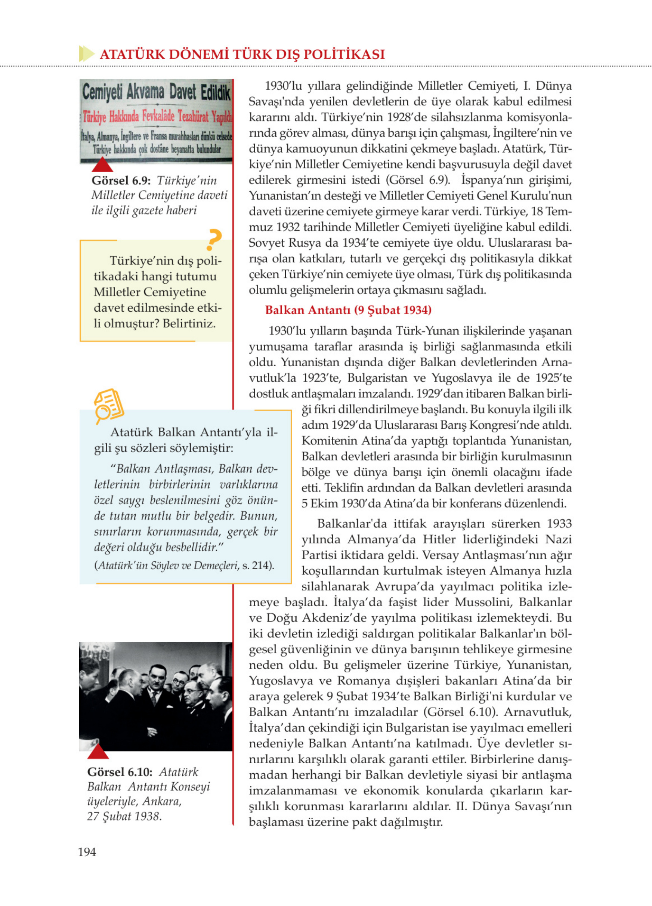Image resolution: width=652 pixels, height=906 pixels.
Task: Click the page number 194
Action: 87,852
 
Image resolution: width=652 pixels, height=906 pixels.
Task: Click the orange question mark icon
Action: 214,239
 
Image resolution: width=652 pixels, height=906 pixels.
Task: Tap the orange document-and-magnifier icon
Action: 108,405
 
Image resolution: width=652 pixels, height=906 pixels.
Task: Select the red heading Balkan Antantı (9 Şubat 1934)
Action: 348,310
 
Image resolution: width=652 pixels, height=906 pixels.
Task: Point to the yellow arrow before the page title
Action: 86,53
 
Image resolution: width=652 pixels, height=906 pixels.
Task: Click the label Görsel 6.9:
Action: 121,181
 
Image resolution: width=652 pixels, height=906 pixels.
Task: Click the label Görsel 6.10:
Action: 120,772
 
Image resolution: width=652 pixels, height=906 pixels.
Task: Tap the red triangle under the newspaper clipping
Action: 102,165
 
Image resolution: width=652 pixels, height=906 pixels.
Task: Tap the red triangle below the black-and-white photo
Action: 98,752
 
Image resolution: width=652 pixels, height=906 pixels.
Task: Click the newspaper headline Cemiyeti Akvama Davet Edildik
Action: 156,92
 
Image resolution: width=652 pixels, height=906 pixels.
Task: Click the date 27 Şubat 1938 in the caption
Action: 124,817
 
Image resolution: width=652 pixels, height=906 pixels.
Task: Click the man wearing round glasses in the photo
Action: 179,684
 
